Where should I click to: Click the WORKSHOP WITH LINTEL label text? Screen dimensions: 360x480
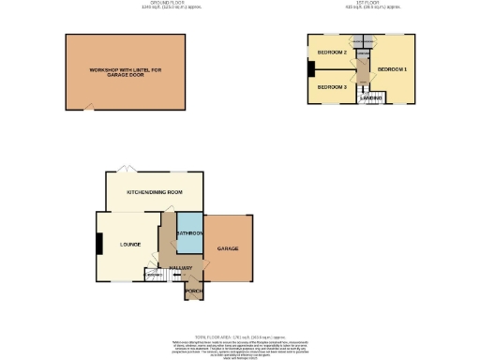point(127,70)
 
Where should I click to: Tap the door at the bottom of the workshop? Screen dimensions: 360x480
point(88,107)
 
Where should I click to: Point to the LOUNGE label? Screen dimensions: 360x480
point(129,245)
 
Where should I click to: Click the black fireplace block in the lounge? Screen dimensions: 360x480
point(98,243)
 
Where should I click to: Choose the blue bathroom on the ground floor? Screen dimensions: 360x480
point(189,233)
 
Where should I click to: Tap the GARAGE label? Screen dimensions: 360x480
point(228,248)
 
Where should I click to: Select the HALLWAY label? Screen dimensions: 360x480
point(181,268)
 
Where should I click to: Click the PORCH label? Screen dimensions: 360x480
point(194,292)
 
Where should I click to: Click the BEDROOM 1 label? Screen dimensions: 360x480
point(392,69)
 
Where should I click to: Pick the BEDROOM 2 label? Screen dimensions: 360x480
point(332,52)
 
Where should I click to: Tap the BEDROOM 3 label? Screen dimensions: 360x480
point(331,86)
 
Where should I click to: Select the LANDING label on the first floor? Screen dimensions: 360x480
point(369,97)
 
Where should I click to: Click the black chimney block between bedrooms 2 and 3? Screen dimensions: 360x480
point(310,68)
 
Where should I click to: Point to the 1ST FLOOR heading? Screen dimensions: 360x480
point(362,4)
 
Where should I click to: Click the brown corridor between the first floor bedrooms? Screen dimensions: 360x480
point(362,70)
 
